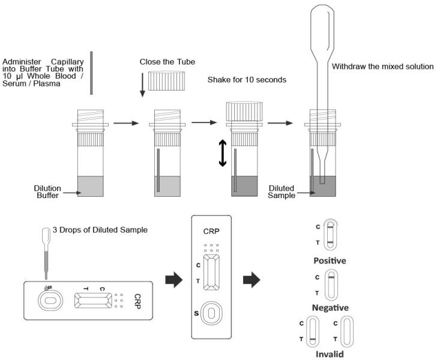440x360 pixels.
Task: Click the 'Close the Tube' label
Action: (x=167, y=62)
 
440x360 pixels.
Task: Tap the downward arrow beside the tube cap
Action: (x=142, y=83)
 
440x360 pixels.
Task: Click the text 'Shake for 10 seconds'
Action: (x=247, y=80)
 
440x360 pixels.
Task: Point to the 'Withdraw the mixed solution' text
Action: (x=382, y=67)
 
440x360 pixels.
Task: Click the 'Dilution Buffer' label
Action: (x=47, y=191)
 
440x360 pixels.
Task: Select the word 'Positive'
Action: (x=330, y=261)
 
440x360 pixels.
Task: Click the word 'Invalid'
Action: (x=330, y=354)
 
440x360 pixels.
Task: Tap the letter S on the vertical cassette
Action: (x=196, y=313)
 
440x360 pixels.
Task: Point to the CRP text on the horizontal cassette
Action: (x=137, y=298)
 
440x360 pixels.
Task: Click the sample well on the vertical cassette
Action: (x=211, y=313)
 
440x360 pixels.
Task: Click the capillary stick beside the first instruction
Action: (x=91, y=73)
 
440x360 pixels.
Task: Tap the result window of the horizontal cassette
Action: (x=93, y=301)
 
